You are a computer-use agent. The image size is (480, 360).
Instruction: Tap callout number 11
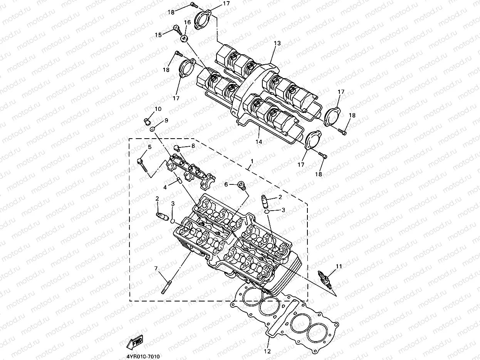339,266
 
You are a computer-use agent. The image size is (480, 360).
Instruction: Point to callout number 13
277,43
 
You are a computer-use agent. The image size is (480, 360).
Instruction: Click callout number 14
258,142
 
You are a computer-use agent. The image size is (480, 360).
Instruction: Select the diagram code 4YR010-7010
143,357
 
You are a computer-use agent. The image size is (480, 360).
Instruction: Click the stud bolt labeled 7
166,289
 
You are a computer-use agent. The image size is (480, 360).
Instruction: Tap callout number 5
149,147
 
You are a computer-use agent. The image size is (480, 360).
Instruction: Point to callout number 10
158,109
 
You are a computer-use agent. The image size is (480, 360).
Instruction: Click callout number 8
193,146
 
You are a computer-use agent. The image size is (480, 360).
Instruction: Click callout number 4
165,188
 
